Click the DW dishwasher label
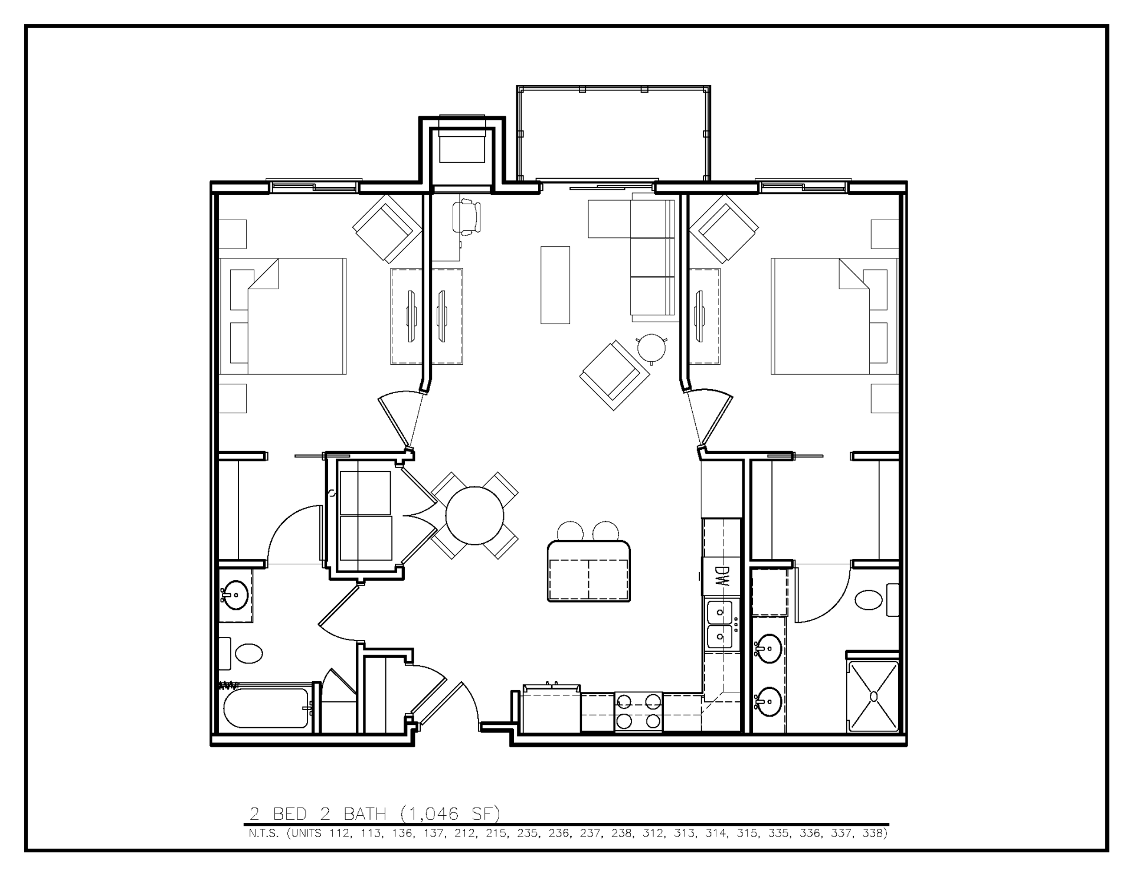[x=721, y=576]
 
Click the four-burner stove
[x=638, y=712]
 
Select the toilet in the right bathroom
[x=873, y=601]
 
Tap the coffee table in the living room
[x=555, y=285]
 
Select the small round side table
[x=651, y=348]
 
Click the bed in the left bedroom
[x=283, y=316]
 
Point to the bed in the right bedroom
[x=833, y=316]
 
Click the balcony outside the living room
[x=614, y=134]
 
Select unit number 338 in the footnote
[x=873, y=834]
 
